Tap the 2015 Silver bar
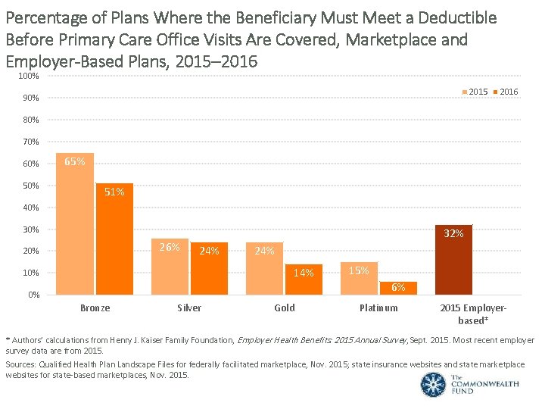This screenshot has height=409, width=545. (x=170, y=266)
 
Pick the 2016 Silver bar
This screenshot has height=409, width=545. (x=209, y=268)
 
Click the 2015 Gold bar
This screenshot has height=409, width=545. (x=264, y=268)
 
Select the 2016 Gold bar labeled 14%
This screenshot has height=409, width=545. (x=304, y=279)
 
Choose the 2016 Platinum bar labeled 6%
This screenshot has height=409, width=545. (x=398, y=289)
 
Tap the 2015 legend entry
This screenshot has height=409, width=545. (x=475, y=92)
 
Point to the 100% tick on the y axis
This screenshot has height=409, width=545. (x=30, y=76)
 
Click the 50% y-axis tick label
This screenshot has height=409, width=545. (x=30, y=186)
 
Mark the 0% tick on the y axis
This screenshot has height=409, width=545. (x=33, y=295)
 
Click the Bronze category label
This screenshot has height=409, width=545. (x=95, y=308)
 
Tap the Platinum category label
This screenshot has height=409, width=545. (x=378, y=308)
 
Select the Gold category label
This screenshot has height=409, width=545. (x=285, y=308)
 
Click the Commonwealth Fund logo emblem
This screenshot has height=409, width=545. (x=434, y=384)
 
